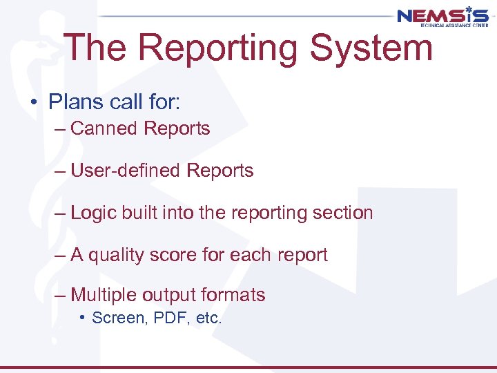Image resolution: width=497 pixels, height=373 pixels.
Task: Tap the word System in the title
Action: (371, 48)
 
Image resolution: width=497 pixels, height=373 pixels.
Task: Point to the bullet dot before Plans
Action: (34, 103)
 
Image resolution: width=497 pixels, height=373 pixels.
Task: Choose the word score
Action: (180, 256)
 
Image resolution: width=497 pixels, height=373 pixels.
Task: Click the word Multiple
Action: (104, 295)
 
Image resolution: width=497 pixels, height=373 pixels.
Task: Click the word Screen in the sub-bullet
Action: (115, 318)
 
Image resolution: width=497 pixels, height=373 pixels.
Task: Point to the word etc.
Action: (208, 318)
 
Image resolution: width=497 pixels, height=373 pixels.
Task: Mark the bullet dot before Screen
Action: (82, 318)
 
